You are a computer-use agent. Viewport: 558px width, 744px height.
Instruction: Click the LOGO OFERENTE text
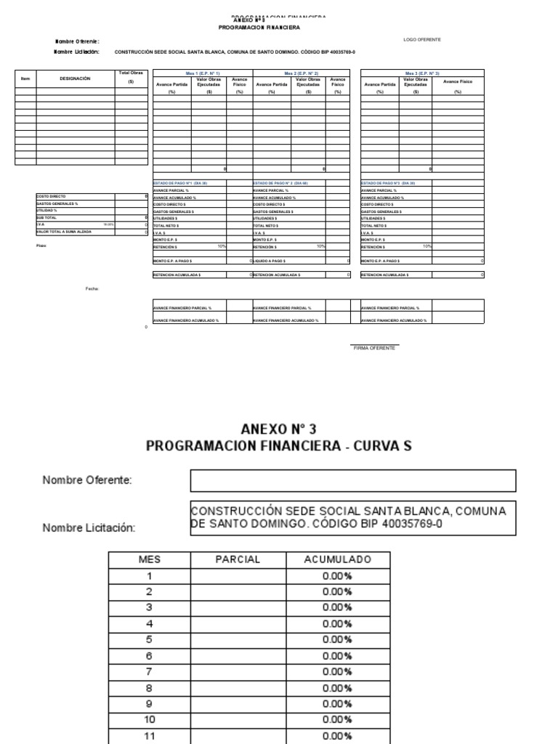(421, 39)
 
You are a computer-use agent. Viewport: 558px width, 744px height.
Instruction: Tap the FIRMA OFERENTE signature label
(374, 348)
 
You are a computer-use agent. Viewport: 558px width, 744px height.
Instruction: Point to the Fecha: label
(92, 288)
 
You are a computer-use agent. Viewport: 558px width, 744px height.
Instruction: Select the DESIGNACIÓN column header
(75, 78)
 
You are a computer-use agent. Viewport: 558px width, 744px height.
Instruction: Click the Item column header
(25, 78)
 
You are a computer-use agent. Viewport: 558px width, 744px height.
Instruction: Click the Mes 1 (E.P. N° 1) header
(203, 73)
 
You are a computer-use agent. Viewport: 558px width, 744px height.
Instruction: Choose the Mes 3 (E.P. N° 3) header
(422, 73)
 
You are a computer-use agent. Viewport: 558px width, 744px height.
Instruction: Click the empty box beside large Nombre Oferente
(353, 481)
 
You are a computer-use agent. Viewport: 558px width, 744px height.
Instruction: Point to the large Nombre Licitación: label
(89, 528)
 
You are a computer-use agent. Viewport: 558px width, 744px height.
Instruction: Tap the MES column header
(149, 559)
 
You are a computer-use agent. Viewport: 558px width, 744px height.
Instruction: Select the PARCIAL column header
(237, 559)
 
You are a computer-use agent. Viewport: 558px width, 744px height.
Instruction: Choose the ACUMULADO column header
(336, 559)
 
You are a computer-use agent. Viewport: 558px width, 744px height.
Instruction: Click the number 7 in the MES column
(149, 671)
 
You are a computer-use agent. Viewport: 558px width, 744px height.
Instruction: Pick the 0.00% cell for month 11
(336, 735)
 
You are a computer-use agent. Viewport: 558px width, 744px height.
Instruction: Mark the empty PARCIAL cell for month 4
(237, 623)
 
